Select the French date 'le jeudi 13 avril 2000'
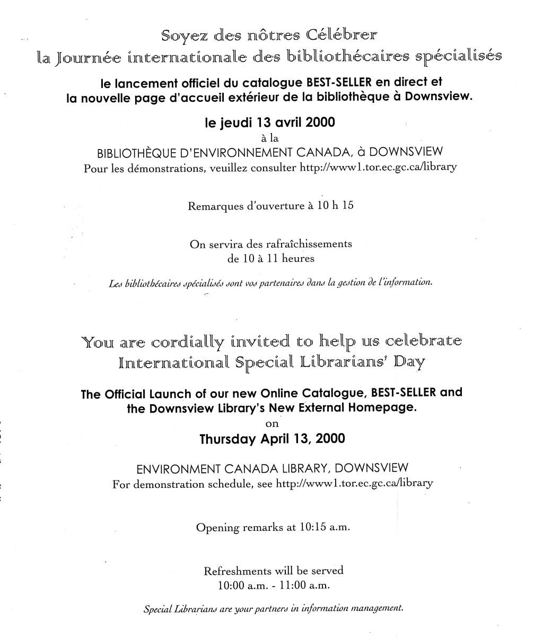270,123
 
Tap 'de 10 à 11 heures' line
271,259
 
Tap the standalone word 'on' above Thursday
271,424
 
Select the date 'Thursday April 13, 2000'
272,439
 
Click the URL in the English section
355,484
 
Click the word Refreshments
237,571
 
